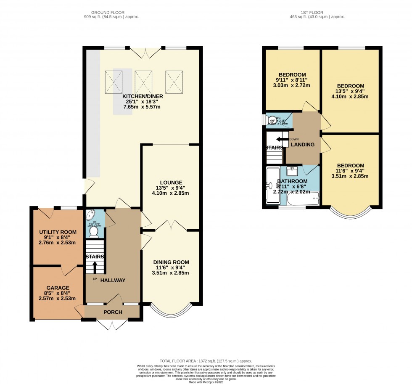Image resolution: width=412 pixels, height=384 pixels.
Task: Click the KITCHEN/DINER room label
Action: [143, 96]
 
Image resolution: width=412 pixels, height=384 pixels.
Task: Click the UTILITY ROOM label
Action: [58, 232]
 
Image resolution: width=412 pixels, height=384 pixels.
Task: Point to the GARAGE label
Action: [58, 288]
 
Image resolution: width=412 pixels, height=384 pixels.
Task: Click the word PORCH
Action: [113, 312]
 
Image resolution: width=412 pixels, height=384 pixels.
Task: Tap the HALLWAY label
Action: [113, 280]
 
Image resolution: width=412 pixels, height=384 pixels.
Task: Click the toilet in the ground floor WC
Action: [93, 230]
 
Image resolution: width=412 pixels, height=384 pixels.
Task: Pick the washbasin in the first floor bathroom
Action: [293, 171]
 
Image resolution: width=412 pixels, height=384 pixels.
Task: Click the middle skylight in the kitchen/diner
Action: [143, 81]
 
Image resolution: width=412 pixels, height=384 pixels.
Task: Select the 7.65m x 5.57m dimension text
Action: [143, 107]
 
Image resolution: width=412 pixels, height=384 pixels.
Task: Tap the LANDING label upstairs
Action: [303, 145]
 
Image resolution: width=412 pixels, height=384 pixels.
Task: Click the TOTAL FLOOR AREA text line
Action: [206, 361]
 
